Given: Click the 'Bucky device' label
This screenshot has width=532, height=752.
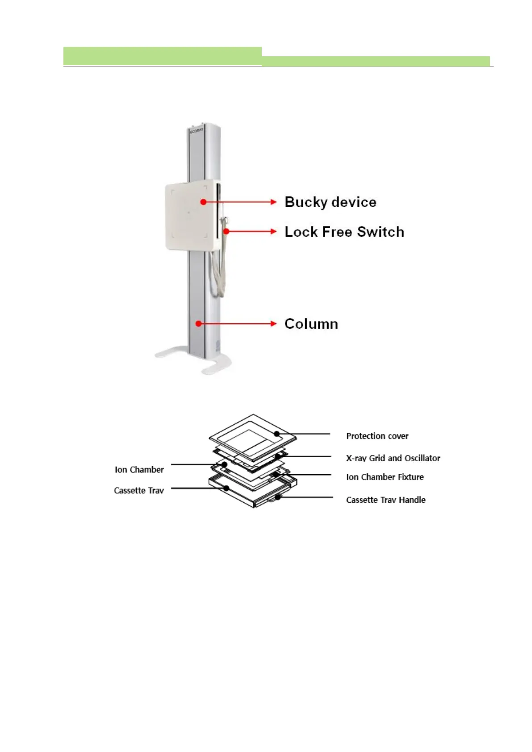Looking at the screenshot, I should tap(330, 202).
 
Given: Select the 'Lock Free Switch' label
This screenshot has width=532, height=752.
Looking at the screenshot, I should tap(344, 232).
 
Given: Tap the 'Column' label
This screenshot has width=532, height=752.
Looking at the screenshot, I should tap(311, 324).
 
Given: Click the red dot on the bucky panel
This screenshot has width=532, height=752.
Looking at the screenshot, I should tap(203, 202).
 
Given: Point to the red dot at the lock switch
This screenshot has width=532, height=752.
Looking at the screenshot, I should tap(226, 231).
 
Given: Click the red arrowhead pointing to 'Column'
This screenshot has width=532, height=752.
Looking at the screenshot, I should tap(274, 324).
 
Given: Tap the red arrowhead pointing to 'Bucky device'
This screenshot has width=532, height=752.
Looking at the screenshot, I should tap(274, 202).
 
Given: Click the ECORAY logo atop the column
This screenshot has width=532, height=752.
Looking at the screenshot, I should tap(196, 130).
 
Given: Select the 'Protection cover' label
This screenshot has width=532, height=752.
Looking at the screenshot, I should tap(377, 436).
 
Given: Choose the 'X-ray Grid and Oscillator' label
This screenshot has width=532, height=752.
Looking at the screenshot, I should tap(393, 458).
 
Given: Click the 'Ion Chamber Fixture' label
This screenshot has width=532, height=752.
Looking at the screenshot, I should tap(385, 477).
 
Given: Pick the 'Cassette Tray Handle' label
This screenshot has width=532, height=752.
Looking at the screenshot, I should tap(385, 500).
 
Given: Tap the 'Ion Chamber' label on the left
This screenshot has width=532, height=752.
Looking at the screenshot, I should tap(139, 469).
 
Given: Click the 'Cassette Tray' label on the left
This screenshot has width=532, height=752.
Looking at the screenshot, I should tap(138, 490).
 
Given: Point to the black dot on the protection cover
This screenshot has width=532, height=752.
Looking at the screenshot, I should tap(277, 434).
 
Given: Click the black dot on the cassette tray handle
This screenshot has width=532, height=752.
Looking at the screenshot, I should tap(277, 497).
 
